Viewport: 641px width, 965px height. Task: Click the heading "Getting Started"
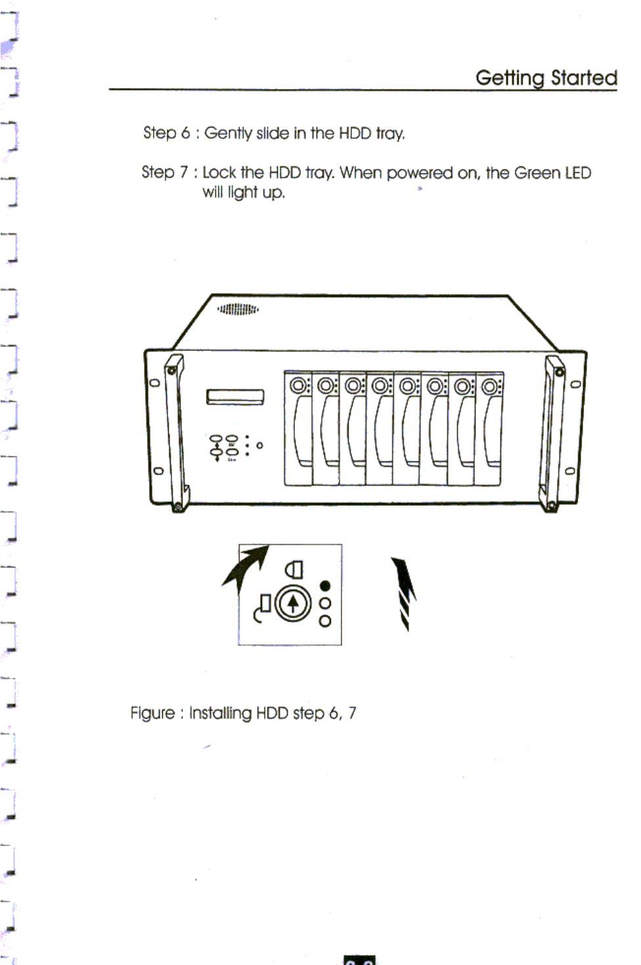coord(546,78)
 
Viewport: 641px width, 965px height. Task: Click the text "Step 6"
coord(166,133)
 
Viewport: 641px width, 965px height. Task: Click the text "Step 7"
coord(165,172)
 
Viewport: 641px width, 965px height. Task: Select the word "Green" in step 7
coord(537,173)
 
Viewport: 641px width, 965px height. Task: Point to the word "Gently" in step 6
coord(228,133)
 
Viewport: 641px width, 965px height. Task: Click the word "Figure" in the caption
coord(152,713)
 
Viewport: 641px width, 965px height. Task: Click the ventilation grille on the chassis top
coord(238,309)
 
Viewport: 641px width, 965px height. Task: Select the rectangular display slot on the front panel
coord(235,397)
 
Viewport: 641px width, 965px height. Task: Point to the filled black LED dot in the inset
coord(324,586)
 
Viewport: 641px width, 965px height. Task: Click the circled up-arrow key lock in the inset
coord(293,603)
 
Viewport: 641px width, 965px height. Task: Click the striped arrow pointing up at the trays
coord(403,592)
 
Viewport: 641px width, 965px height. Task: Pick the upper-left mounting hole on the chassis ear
coord(155,383)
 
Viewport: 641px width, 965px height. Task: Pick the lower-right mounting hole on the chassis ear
coord(569,471)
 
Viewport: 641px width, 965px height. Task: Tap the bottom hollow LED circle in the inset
coord(325,621)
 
